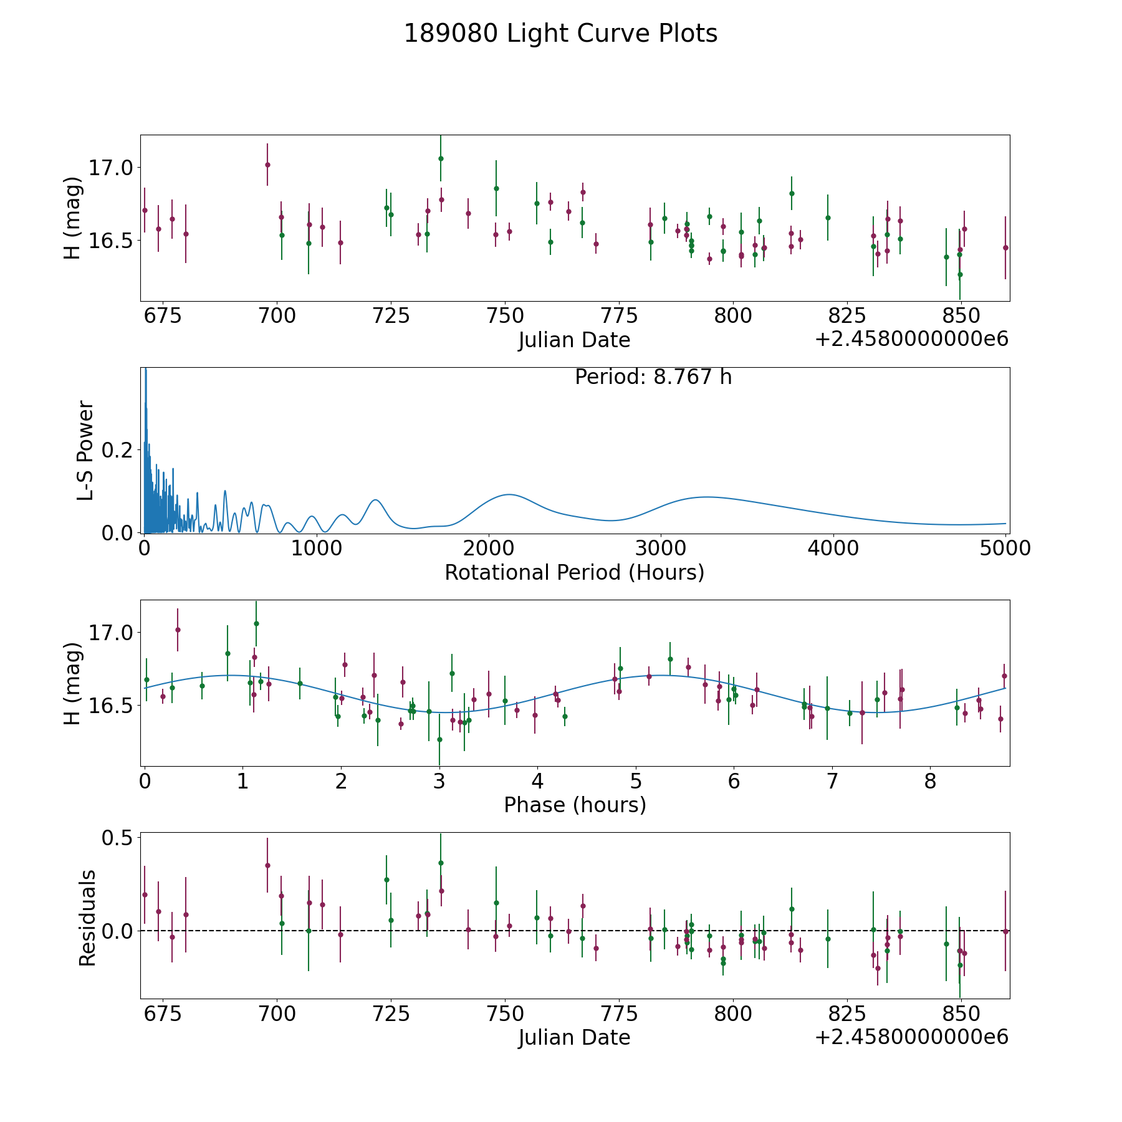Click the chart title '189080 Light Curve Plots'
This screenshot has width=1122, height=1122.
point(560,34)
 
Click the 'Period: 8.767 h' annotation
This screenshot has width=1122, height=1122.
point(653,377)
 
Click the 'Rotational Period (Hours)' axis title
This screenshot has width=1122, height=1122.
point(574,572)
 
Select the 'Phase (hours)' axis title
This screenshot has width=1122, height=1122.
point(574,805)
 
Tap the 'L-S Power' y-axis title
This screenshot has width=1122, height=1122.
point(85,450)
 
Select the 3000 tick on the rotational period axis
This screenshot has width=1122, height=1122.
point(660,549)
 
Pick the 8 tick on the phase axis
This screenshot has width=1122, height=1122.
point(930,781)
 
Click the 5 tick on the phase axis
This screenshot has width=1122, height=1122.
point(635,781)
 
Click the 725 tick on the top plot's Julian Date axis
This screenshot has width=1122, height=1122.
point(390,316)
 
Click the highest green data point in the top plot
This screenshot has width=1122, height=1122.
point(441,158)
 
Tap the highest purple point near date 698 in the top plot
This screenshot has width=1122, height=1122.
point(267,165)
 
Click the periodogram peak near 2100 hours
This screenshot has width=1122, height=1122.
point(509,494)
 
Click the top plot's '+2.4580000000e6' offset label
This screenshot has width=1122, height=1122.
point(911,339)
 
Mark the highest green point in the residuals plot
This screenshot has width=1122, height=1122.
point(441,863)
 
